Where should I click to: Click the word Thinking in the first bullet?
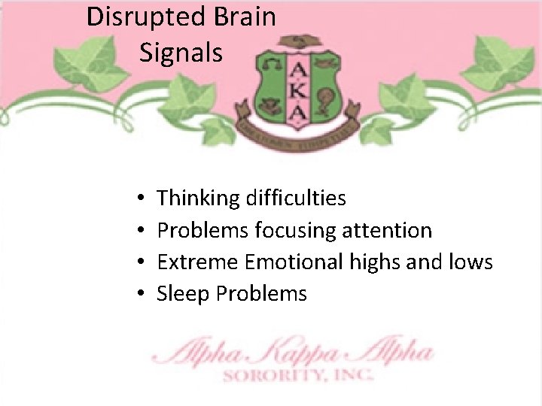pos(198,198)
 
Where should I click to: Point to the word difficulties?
pos(296,198)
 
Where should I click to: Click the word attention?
pos(390,230)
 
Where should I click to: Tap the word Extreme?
pos(197,262)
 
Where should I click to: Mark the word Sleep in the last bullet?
pos(183,293)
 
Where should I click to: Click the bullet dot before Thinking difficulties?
pos(142,199)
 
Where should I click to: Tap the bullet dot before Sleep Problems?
pos(142,294)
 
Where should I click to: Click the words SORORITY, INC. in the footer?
pos(297,373)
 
